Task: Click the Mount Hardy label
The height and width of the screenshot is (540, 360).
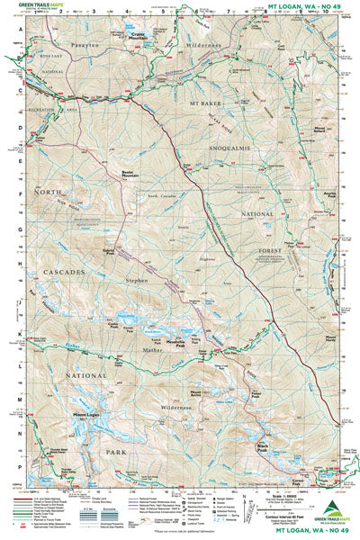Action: pos(323,339)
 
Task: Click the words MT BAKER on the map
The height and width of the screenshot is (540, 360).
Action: pos(206,103)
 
